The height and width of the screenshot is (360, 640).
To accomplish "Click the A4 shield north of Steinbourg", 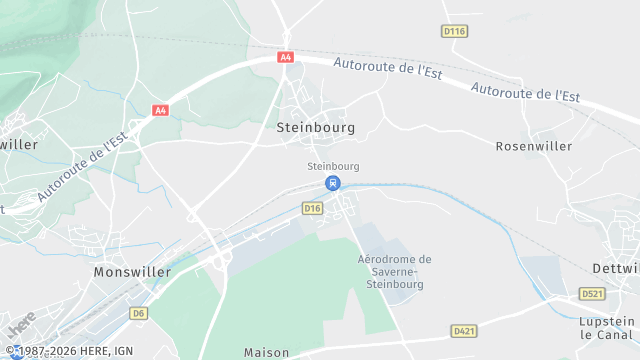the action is click(x=287, y=58).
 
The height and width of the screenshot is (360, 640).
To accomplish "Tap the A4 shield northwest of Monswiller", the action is click(x=160, y=110).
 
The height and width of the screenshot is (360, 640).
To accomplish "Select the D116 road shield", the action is click(x=454, y=32).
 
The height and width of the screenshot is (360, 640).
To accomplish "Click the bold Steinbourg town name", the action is click(x=315, y=128).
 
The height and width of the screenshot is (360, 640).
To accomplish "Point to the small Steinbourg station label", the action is click(x=333, y=166).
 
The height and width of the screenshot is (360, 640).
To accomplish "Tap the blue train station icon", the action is click(x=333, y=183).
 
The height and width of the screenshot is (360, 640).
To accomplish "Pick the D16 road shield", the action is click(x=313, y=208).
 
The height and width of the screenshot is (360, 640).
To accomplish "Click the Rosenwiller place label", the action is click(x=534, y=146).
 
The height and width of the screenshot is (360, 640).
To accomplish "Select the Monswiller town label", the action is click(x=132, y=272).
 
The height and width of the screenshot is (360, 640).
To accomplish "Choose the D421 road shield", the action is click(x=464, y=330).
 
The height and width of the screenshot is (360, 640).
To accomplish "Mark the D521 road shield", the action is click(x=594, y=294).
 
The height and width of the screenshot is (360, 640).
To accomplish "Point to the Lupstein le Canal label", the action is click(x=607, y=329).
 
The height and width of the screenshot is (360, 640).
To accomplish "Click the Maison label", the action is click(x=266, y=352).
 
